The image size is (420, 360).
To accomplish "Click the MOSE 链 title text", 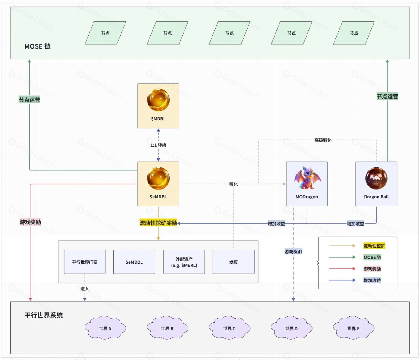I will [38, 46].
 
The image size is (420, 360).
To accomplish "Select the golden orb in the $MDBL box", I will [158, 100].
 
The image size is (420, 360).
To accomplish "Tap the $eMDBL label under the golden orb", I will [158, 197].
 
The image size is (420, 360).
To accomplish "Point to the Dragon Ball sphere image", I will [376, 178].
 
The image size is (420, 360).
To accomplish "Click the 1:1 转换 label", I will [158, 145].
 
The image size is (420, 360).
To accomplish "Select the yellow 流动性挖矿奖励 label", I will [158, 223].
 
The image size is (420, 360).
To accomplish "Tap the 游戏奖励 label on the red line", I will [30, 222].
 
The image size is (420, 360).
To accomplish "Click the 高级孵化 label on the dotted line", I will [323, 140].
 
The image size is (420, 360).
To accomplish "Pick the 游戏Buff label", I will [293, 251].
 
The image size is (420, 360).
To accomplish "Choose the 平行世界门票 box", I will [85, 262].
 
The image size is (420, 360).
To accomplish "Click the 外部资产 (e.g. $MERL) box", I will [184, 262].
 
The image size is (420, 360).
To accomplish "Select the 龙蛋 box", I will [234, 262].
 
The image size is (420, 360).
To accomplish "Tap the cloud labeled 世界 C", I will [229, 328].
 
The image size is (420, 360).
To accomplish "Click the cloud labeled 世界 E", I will [354, 328].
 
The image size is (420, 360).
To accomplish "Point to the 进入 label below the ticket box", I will [85, 289].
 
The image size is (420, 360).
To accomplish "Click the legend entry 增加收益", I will [372, 280].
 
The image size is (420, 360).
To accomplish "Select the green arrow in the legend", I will [342, 257].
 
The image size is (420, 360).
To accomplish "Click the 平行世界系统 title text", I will [44, 315].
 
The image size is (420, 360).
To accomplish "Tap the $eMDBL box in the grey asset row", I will [134, 262].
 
